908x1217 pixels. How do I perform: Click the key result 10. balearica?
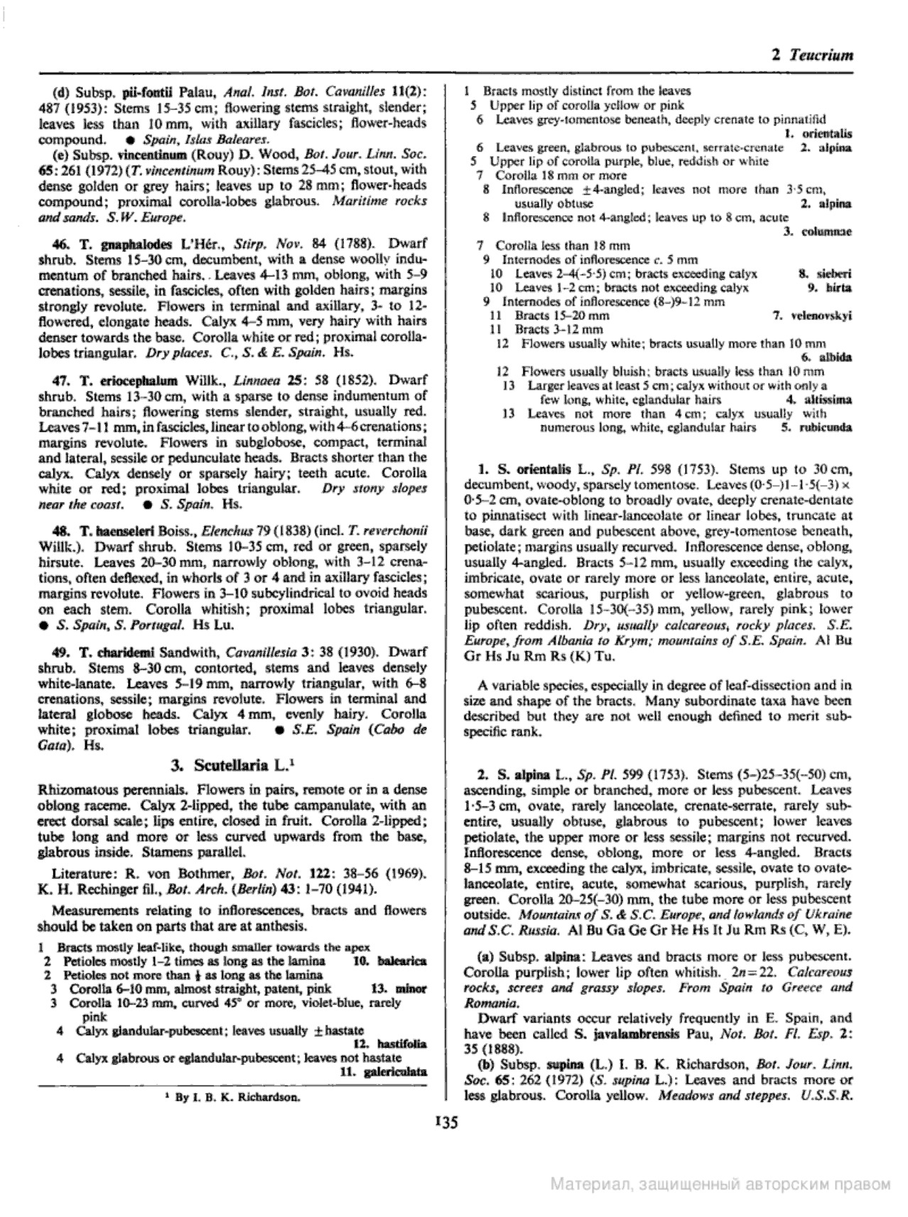(389, 961)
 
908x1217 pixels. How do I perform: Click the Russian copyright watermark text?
(720, 1184)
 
